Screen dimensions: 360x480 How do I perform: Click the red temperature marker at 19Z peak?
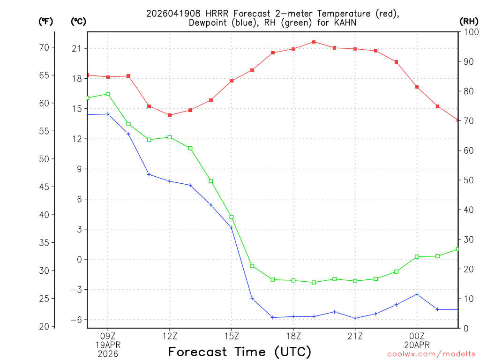pos(314,42)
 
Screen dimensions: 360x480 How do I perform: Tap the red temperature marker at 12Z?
pos(170,115)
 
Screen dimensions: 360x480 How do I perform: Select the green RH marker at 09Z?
pos(108,94)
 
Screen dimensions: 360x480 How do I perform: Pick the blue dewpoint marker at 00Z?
pos(417,294)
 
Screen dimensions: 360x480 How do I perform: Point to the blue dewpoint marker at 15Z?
pos(232,228)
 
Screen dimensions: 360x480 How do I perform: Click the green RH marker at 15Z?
pos(232,217)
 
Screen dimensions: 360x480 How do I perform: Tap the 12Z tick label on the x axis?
pos(170,336)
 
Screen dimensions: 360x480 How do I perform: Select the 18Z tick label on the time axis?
pos(293,336)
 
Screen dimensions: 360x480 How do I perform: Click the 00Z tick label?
pos(417,336)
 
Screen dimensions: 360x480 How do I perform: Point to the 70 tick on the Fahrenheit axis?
pos(45,47)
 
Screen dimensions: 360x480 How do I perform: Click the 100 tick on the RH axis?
pos(469,32)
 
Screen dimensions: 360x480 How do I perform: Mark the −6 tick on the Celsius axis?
pos(76,320)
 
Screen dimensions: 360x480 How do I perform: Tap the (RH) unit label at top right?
pos(469,21)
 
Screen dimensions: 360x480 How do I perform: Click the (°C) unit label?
pos(79,21)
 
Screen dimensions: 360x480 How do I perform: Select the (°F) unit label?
pos(46,21)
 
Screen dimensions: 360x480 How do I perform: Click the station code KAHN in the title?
pos(345,22)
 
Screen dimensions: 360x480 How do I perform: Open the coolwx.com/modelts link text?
pos(431,354)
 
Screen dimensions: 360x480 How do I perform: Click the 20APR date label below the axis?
pos(417,345)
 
